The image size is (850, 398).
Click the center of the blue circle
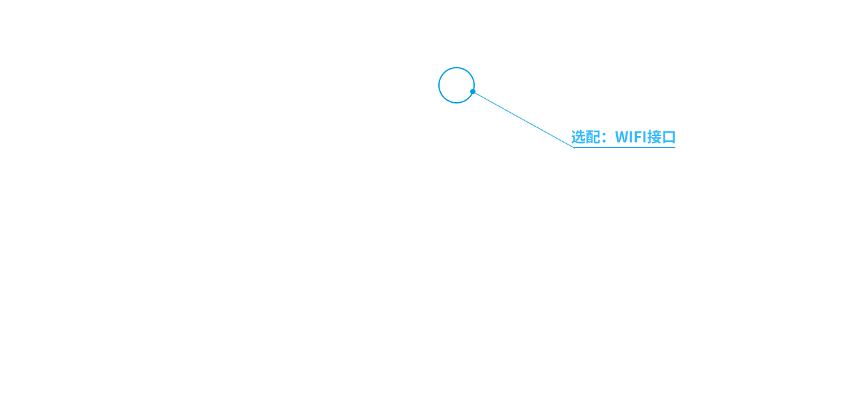tap(456, 86)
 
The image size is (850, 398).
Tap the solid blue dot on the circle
tap(473, 92)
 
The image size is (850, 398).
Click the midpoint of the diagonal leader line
tap(524, 119)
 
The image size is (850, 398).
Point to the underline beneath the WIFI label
tap(625, 147)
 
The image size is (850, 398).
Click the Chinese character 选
tap(578, 137)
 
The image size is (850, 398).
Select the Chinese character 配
tap(593, 137)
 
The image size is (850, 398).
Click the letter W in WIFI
tap(622, 137)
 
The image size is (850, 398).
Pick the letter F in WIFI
tap(639, 137)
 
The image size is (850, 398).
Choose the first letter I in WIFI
tap(633, 137)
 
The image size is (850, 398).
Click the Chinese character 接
tap(655, 137)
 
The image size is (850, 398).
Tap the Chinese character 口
tap(669, 137)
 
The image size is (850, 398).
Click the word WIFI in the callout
tap(631, 137)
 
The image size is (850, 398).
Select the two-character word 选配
tap(586, 137)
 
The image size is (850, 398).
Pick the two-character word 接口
tap(661, 137)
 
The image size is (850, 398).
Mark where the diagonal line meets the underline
tap(574, 147)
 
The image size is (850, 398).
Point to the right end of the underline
tap(675, 147)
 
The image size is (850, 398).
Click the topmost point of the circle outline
tap(456, 68)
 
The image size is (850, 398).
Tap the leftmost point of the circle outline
tap(439, 86)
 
